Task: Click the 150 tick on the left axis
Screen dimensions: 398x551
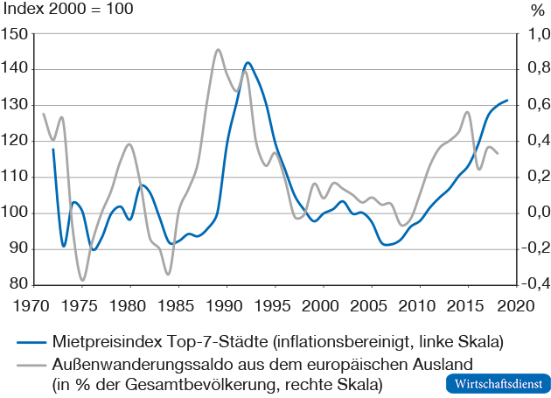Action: point(15,34)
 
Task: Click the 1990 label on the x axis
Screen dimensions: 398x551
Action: point(226,306)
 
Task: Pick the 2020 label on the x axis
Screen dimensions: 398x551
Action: point(513,306)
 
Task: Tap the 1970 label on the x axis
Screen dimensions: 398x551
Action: point(33,306)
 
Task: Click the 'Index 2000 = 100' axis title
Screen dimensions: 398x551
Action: point(69,11)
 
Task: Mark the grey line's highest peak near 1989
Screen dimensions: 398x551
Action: point(218,49)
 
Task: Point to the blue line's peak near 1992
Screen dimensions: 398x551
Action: point(248,63)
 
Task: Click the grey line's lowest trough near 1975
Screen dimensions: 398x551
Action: point(83,281)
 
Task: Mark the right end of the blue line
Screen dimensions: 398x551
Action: point(507,101)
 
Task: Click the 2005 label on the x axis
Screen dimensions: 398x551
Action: point(369,306)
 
